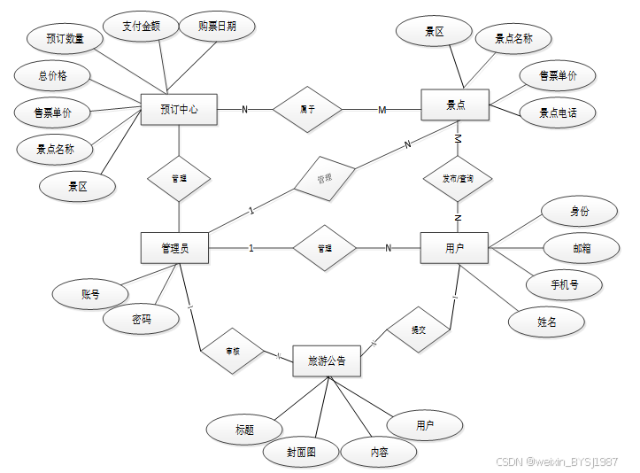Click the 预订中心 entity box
179,110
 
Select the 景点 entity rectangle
455,105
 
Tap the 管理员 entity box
175,248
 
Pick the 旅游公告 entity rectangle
326,361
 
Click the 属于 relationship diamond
307,110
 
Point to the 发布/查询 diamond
458,178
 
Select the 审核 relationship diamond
233,352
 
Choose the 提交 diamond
418,330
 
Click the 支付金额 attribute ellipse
142,27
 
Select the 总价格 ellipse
52,76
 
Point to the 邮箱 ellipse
581,249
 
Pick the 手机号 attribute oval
564,285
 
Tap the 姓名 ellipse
547,322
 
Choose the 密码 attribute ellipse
140,319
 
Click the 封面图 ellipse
300,453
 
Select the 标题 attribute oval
244,430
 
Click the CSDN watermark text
556,461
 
